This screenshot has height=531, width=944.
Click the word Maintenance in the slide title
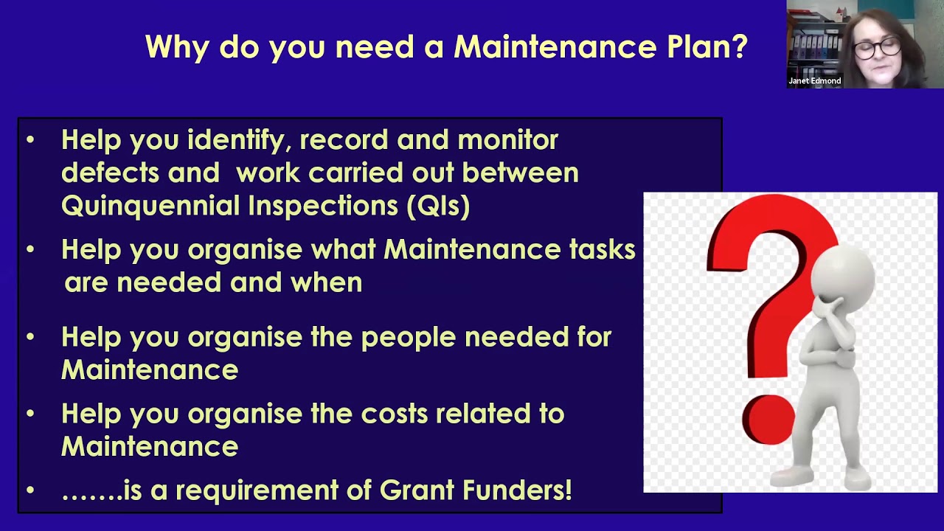(555, 47)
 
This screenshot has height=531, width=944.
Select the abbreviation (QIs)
(438, 206)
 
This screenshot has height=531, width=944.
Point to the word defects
(110, 173)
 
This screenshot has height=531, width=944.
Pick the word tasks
(602, 249)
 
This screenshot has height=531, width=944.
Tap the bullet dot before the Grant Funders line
(30, 490)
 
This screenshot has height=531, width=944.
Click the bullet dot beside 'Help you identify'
(30, 139)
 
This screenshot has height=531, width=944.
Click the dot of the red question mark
(768, 420)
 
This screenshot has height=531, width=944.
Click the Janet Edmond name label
(814, 80)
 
